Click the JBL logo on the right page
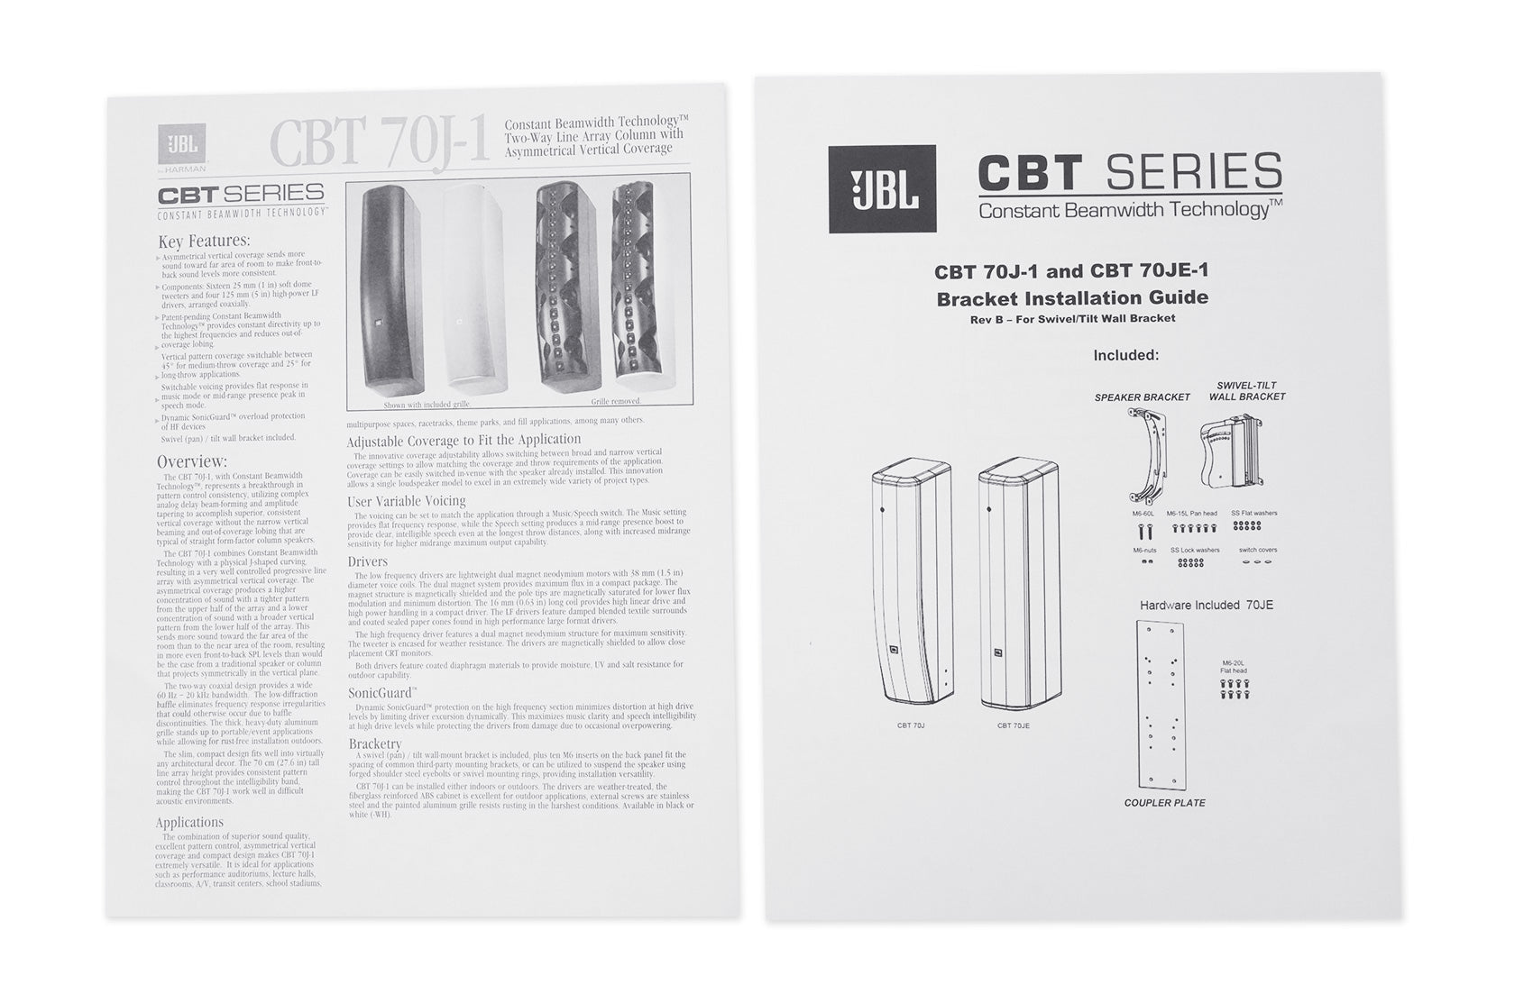pyautogui.click(x=882, y=188)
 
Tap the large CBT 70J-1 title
pyautogui.click(x=380, y=143)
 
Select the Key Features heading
pyautogui.click(x=204, y=241)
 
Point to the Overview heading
pyautogui.click(x=191, y=462)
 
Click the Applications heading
pyautogui.click(x=189, y=822)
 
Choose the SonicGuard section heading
pyautogui.click(x=382, y=693)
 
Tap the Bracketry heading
pyautogui.click(x=375, y=743)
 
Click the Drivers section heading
pyautogui.click(x=368, y=561)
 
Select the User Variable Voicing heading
pyautogui.click(x=407, y=501)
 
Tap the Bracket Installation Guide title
pyautogui.click(x=1072, y=297)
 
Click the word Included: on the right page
pyautogui.click(x=1126, y=355)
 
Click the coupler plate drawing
pyautogui.click(x=1161, y=704)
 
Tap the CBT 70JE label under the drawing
pyautogui.click(x=1013, y=725)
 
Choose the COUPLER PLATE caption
pyautogui.click(x=1164, y=803)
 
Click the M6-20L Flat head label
pyautogui.click(x=1234, y=666)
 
